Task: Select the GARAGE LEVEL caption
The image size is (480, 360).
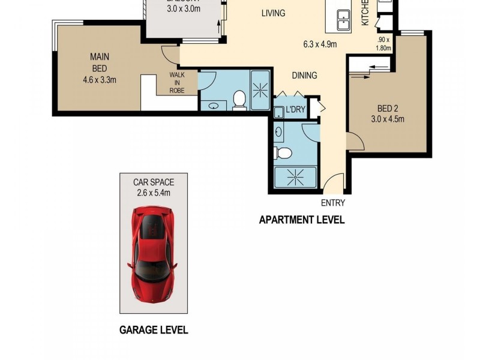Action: point(154,329)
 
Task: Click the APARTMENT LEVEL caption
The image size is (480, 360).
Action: point(301,220)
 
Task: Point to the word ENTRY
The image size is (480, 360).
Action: point(334,203)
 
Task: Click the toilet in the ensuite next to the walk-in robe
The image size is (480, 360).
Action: point(239,100)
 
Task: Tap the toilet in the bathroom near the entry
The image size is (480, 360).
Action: point(283,153)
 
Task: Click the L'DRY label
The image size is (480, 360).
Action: point(295,109)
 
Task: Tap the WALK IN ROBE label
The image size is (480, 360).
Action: point(176,82)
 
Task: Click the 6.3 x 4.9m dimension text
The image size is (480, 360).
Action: point(320,44)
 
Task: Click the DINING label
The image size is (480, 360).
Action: point(304,76)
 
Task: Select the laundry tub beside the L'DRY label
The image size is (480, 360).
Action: point(279,112)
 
